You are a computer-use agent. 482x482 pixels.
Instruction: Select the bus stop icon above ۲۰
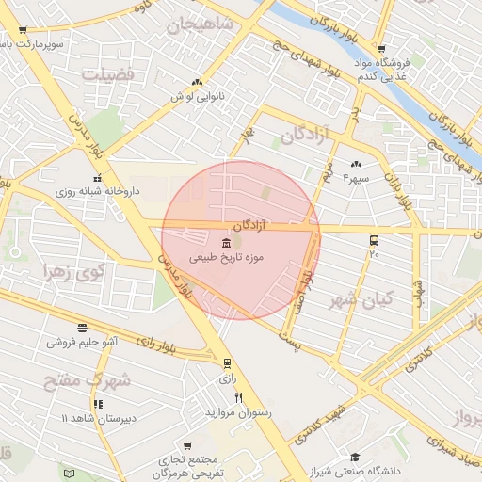point(375,241)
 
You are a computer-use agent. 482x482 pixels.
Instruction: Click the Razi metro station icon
point(227,363)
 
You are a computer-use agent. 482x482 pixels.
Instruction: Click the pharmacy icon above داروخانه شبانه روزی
point(95,178)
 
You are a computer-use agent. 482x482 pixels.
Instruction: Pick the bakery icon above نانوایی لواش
point(196,83)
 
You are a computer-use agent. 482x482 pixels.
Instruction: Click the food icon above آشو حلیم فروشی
point(83,329)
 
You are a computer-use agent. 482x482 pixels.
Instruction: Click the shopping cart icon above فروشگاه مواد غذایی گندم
point(380,49)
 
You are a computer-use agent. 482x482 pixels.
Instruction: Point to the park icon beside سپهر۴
point(356,164)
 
